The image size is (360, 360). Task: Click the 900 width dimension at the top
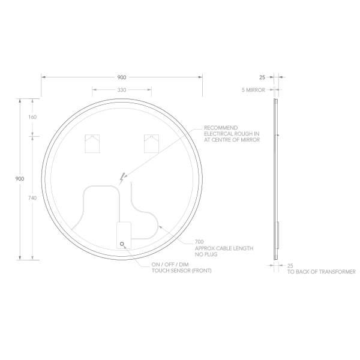(121, 77)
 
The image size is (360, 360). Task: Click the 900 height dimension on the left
(20, 179)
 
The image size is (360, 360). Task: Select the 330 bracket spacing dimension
(121, 90)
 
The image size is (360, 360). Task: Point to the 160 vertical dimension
(32, 116)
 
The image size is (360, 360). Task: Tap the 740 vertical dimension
(32, 198)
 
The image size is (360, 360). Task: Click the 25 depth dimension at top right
(262, 77)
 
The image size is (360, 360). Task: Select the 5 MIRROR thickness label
(253, 89)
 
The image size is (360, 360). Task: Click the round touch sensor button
(122, 244)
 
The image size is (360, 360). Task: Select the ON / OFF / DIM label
(170, 265)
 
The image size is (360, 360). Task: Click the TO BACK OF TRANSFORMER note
(321, 271)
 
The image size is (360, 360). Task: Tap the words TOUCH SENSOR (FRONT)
(181, 271)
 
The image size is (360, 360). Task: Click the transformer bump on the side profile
(278, 235)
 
